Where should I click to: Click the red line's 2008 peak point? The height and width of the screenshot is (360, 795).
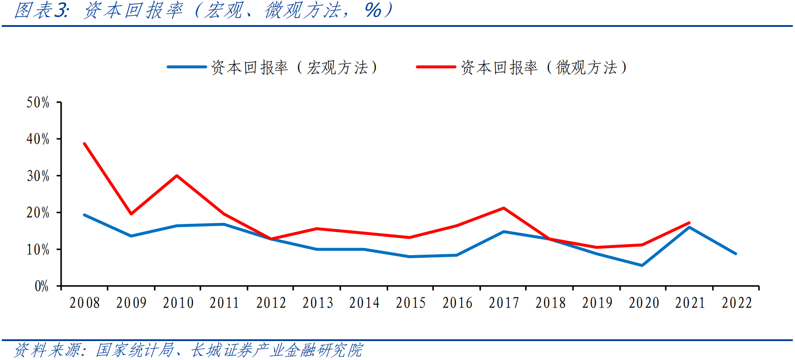point(85,144)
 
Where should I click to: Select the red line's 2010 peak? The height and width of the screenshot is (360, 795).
point(177,176)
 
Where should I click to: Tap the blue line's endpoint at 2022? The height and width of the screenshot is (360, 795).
point(736,254)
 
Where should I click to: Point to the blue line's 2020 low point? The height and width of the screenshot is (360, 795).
point(642,265)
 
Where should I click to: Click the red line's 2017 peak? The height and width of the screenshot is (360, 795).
point(503,208)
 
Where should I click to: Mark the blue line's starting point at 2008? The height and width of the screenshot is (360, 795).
point(85,215)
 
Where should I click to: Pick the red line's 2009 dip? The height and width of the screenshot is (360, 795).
point(131,214)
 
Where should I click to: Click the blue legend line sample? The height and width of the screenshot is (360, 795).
point(187,67)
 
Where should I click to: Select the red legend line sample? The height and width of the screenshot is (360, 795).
point(436,67)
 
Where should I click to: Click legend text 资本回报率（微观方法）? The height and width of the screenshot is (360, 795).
point(544,67)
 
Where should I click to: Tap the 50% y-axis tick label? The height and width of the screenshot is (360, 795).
point(38,103)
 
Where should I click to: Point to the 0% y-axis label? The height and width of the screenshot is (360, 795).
point(41,286)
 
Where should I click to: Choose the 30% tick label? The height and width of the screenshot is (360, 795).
point(38,176)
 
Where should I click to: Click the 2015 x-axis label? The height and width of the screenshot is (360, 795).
point(410,303)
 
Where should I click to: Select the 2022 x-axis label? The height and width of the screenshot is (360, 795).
point(736,303)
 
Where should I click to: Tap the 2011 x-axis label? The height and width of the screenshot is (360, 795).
point(224,303)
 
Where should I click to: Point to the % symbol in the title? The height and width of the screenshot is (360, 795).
point(373,11)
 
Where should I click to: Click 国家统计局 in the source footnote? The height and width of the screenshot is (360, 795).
point(135,350)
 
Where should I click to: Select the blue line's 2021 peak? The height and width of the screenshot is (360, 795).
point(689,227)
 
